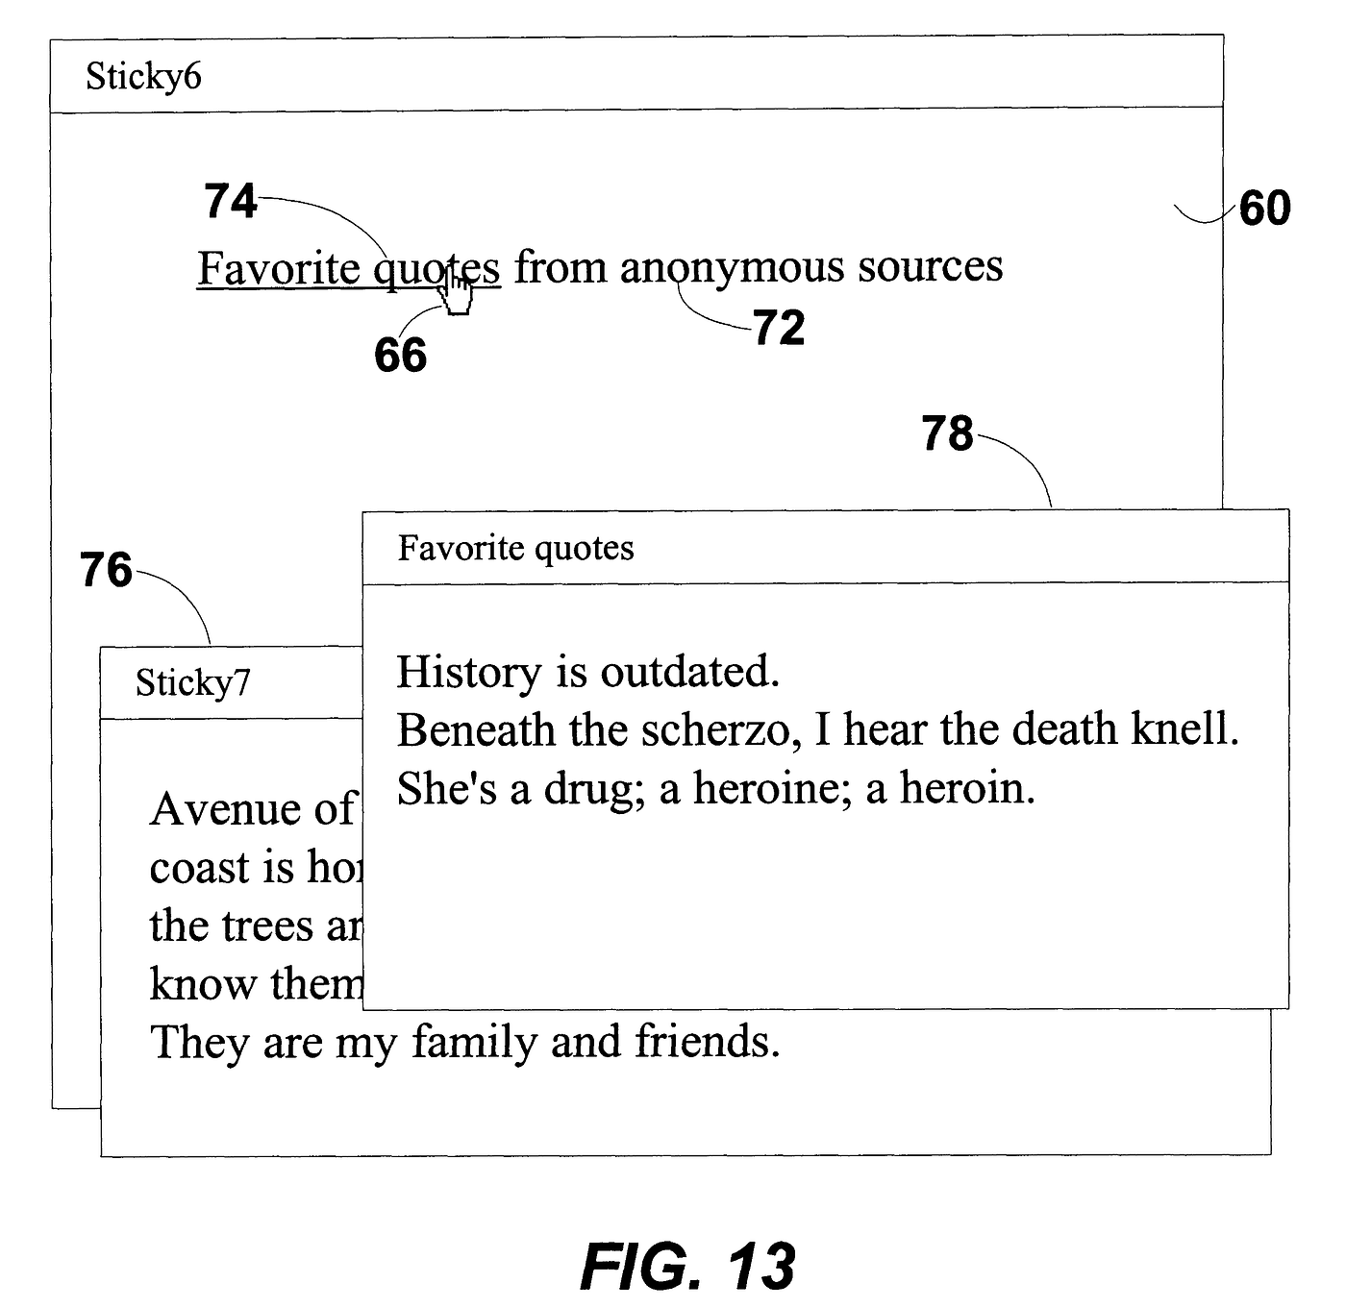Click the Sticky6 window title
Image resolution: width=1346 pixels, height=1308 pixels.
(143, 77)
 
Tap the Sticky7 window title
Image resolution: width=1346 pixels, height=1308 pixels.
(192, 683)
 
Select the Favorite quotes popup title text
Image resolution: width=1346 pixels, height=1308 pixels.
(515, 549)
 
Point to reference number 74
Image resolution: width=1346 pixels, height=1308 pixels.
(231, 202)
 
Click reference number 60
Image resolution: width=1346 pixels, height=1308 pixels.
(1264, 209)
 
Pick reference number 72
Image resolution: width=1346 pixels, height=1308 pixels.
(779, 329)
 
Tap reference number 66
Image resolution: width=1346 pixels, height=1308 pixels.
(400, 356)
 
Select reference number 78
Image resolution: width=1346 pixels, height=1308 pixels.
(947, 434)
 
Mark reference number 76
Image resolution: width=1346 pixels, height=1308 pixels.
(106, 571)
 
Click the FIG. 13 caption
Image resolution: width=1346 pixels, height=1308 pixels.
(687, 1266)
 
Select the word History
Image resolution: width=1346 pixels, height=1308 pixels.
(469, 673)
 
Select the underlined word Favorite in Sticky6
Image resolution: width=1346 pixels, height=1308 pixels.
(279, 269)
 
